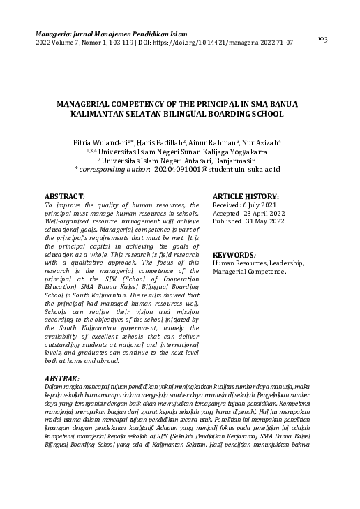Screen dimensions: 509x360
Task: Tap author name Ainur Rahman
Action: pos(216,142)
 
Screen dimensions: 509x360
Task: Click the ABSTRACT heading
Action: pos(64,197)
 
